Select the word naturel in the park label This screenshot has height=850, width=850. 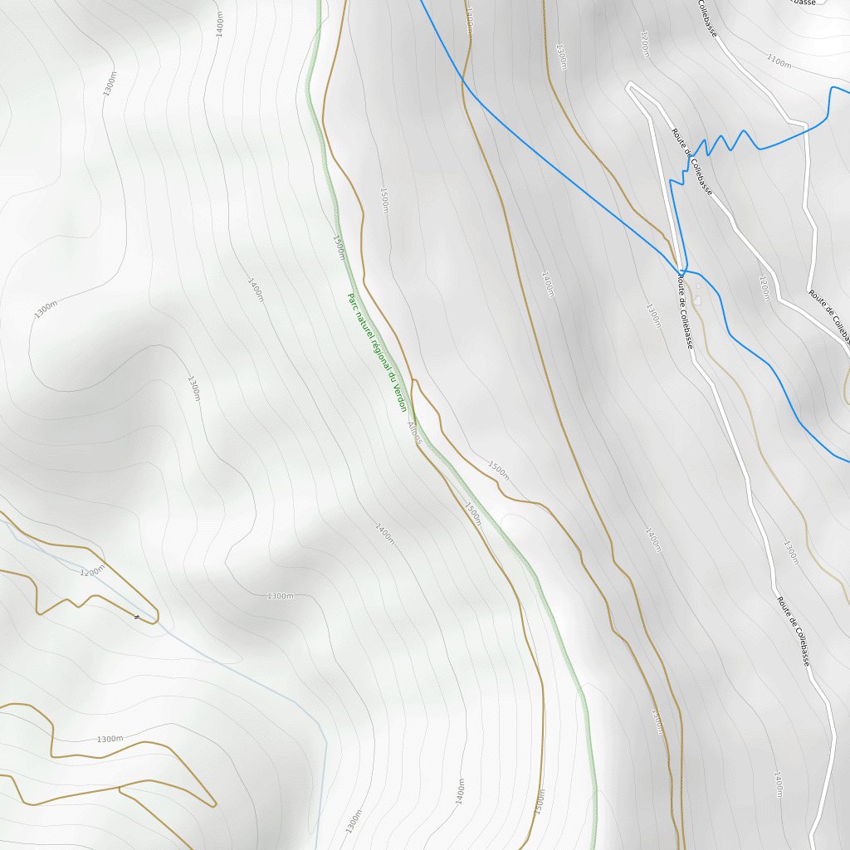pos(361,325)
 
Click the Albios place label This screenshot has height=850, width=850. pos(415,432)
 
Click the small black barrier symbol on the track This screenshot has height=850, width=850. pos(136,617)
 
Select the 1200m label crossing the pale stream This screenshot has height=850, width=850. pos(92,571)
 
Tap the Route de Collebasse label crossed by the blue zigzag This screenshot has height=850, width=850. pos(693,162)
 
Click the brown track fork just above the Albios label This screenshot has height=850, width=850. pos(413,382)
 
